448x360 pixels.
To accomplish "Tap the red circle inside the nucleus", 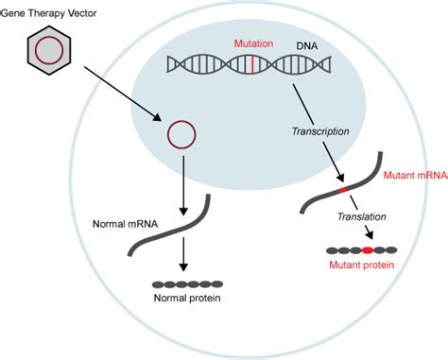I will point(181,136).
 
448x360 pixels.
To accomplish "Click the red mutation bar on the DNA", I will point(252,64).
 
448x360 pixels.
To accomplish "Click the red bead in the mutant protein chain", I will point(367,250).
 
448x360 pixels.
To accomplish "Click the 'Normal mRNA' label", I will point(126,225).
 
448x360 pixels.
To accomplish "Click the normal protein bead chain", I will point(187,283).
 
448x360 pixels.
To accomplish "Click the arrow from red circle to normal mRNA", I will point(181,185).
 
